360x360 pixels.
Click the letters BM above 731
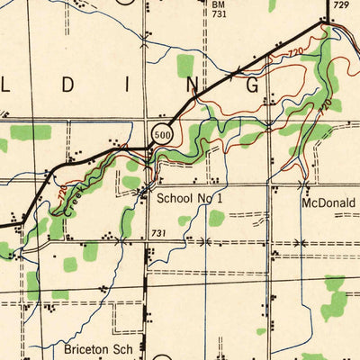(219, 4)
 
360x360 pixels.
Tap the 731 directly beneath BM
(219, 15)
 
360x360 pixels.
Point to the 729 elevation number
(338, 6)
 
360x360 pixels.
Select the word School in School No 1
(176, 198)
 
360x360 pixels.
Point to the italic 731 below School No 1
(158, 233)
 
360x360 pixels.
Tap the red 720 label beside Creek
(62, 192)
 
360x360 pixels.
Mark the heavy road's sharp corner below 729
(326, 23)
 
